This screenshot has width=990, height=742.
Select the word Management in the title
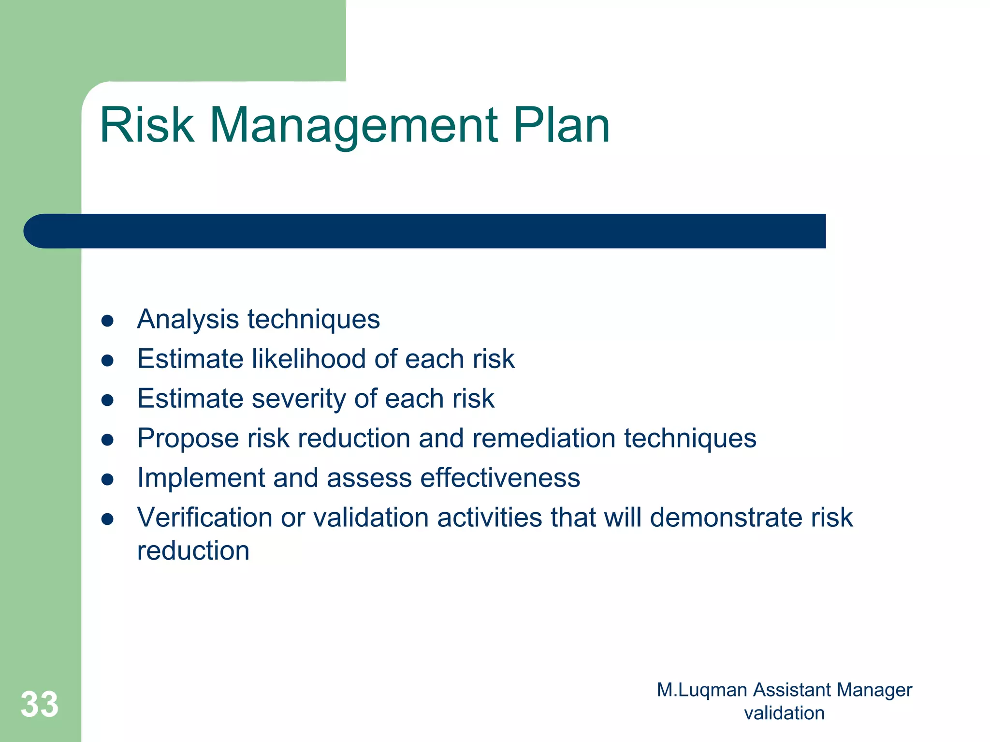coord(353,125)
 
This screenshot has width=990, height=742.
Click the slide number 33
coord(40,704)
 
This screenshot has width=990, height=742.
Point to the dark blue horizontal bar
coord(425,231)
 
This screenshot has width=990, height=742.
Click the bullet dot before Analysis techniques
coord(107,321)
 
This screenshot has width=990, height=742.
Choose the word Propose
coord(188,439)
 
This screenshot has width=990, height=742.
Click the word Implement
coord(201,478)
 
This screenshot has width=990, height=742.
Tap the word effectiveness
coord(500,478)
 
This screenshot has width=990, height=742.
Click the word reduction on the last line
coord(193,551)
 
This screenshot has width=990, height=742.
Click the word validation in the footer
coord(784,713)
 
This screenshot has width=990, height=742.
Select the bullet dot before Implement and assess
coord(107,479)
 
